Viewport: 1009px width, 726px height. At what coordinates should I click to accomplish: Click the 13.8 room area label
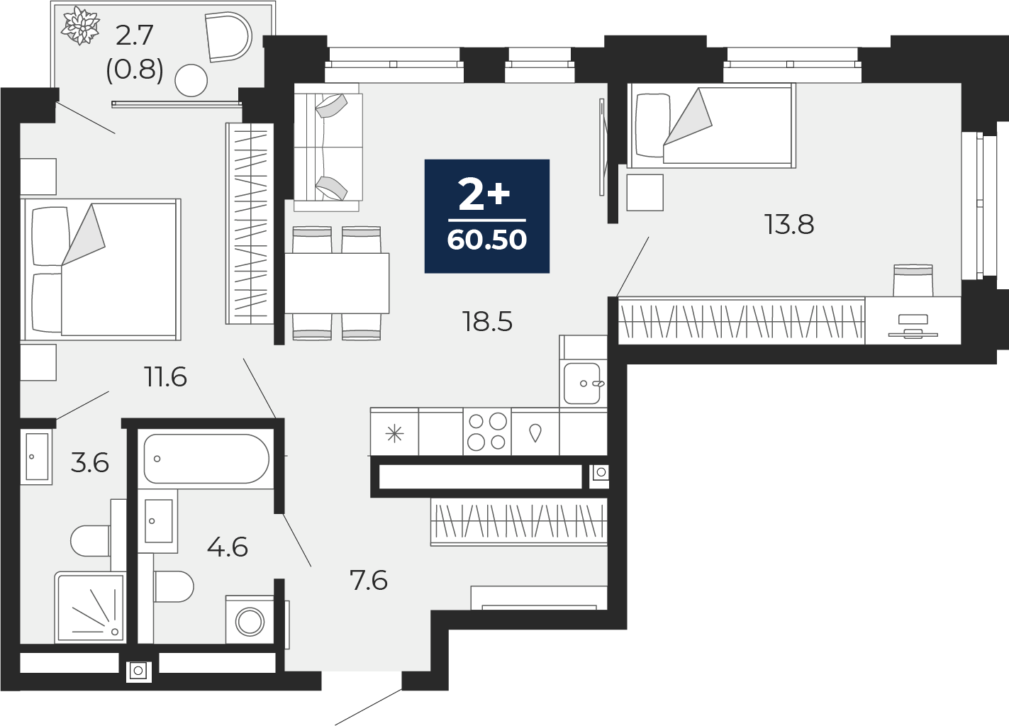pos(789,225)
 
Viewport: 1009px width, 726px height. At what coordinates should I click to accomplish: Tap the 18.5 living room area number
pos(487,322)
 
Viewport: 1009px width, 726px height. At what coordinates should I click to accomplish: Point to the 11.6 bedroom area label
pos(165,377)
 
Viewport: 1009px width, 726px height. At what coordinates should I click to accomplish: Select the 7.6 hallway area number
pos(369,580)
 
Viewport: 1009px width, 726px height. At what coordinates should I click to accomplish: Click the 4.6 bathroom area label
pos(228,547)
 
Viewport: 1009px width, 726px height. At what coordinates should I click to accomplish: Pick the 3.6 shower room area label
pos(90,462)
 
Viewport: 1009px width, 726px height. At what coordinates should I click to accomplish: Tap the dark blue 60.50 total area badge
pos(487,216)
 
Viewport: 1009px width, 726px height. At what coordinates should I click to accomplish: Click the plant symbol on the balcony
pos(81,26)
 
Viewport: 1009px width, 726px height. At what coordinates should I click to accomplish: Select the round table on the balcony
pos(191,81)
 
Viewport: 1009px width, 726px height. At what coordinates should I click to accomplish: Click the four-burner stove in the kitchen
pos(487,432)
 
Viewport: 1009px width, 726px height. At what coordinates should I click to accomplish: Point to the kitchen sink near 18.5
pos(583,384)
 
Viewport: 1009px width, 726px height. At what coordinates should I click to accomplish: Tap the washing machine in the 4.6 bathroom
pos(250,622)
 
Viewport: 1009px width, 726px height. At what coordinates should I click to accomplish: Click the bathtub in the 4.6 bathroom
pos(206,459)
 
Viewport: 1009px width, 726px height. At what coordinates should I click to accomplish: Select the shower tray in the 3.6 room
pos(91,607)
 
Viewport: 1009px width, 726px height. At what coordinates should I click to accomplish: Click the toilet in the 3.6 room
pos(91,540)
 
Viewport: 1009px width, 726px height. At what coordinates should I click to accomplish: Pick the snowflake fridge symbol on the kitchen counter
pos(394,434)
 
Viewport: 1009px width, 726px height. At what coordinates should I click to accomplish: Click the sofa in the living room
pos(328,147)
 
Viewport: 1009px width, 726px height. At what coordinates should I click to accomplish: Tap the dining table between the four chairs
pos(337,283)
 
